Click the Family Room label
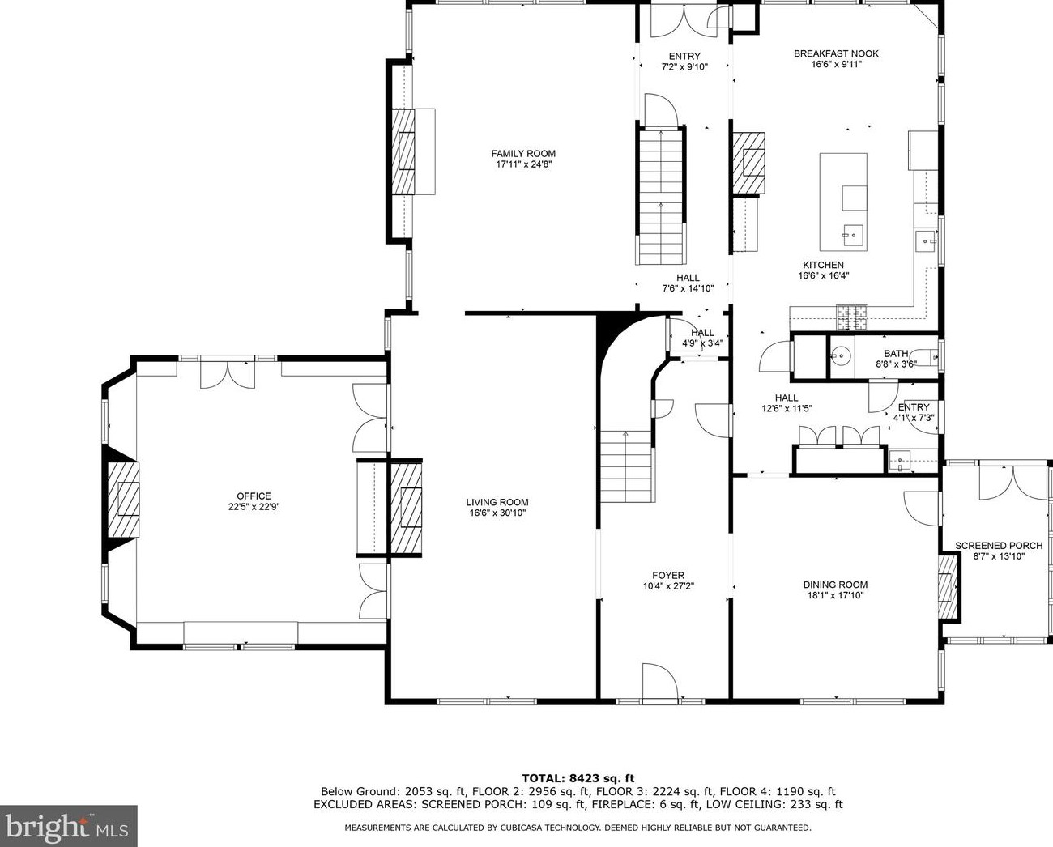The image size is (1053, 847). [523, 154]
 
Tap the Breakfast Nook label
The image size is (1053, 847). [836, 53]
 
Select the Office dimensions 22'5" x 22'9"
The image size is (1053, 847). [254, 507]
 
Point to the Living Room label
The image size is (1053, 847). [497, 502]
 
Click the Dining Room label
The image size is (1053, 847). [834, 585]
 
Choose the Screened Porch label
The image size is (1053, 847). [998, 546]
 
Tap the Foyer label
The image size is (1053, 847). [663, 576]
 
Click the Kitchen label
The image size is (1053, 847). [823, 265]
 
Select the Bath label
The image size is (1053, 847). [896, 354]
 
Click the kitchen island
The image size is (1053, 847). [843, 202]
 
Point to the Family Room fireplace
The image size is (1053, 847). [403, 151]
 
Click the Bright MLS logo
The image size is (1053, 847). [68, 826]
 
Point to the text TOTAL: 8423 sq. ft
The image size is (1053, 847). [578, 778]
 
